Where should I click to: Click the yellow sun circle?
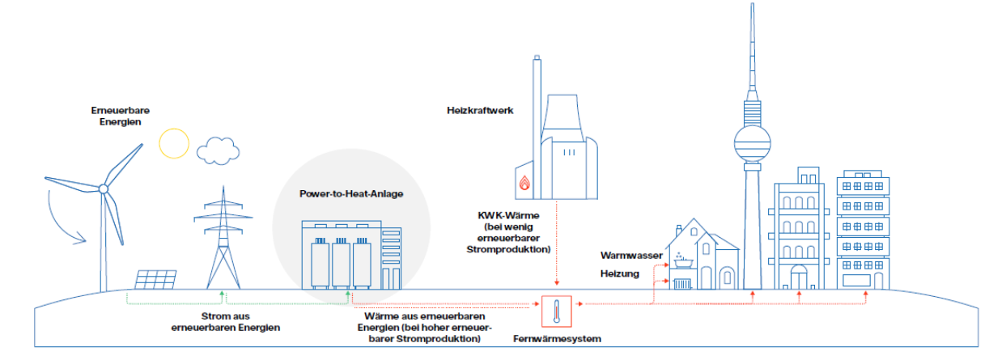pyautogui.click(x=173, y=143)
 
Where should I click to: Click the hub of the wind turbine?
pyautogui.click(x=104, y=188)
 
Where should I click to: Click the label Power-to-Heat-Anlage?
pyautogui.click(x=350, y=194)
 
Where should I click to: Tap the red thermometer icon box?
pyautogui.click(x=557, y=311)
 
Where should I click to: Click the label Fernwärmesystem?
pyautogui.click(x=557, y=339)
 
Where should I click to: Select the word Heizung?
pyautogui.click(x=619, y=273)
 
